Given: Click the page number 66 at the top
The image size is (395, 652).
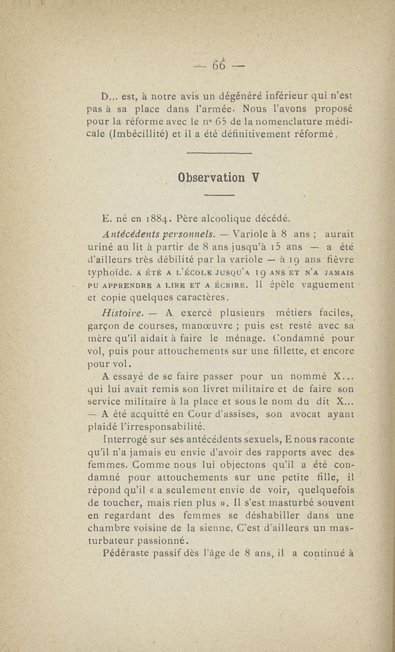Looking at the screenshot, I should [219, 65].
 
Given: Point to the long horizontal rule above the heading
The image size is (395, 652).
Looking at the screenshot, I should [220, 154].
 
